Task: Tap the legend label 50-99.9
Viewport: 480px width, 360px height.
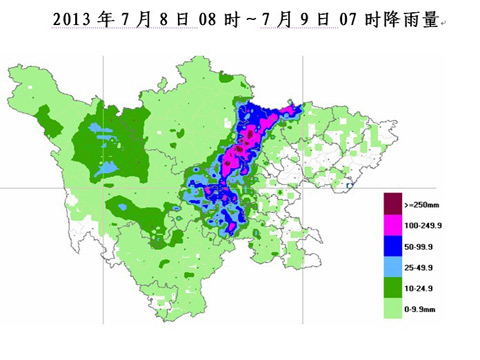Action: [x=421, y=249]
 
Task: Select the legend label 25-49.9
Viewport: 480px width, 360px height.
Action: [x=421, y=270]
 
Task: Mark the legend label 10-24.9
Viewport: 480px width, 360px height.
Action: [x=421, y=291]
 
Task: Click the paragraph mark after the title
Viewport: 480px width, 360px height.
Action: [x=447, y=21]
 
